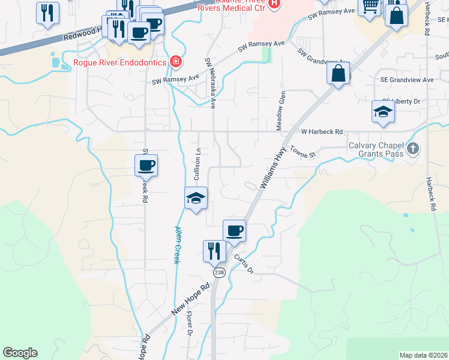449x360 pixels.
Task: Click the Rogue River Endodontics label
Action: (120, 61)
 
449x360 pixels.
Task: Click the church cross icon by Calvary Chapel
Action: (412, 148)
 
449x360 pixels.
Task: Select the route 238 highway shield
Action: (219, 272)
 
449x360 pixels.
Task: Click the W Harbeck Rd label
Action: (321, 131)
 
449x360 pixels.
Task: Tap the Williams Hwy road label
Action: (272, 170)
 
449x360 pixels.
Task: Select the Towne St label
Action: (303, 153)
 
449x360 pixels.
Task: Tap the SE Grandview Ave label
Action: (406, 80)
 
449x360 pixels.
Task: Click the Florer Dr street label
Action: (190, 323)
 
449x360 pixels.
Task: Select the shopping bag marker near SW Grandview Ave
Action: (339, 74)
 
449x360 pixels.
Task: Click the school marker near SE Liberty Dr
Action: (383, 111)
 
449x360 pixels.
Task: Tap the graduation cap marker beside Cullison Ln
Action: (196, 198)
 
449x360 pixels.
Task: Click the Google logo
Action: (20, 353)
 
